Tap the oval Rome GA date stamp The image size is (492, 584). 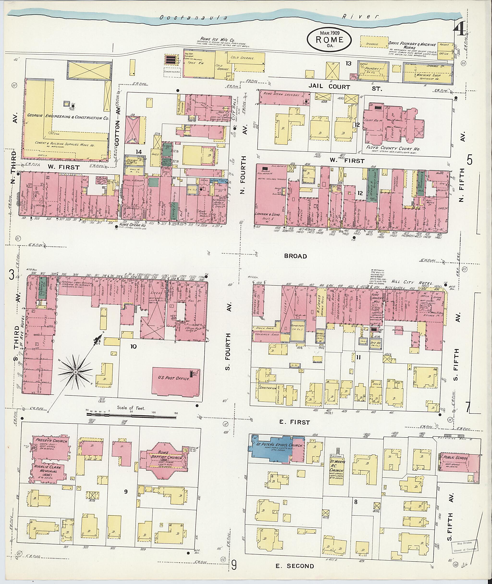tap(329, 40)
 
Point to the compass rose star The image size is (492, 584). tap(75, 372)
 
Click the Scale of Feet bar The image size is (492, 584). tap(131, 417)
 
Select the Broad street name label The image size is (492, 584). tap(296, 256)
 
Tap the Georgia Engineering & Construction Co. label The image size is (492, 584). tap(68, 117)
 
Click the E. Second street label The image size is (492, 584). tap(295, 566)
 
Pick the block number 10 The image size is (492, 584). tap(134, 346)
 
